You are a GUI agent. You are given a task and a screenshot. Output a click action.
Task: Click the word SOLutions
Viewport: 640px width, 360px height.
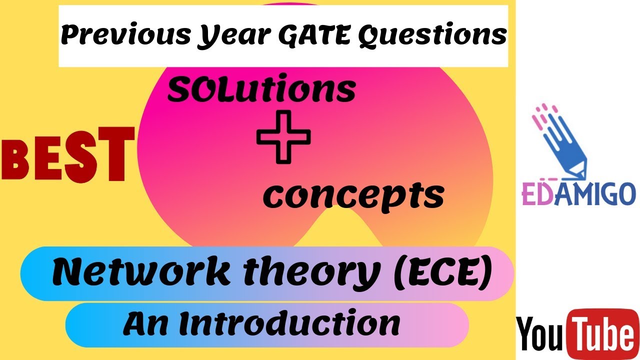pos(261,90)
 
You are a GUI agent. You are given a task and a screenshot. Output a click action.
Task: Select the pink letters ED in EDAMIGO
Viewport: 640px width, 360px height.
pos(535,195)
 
